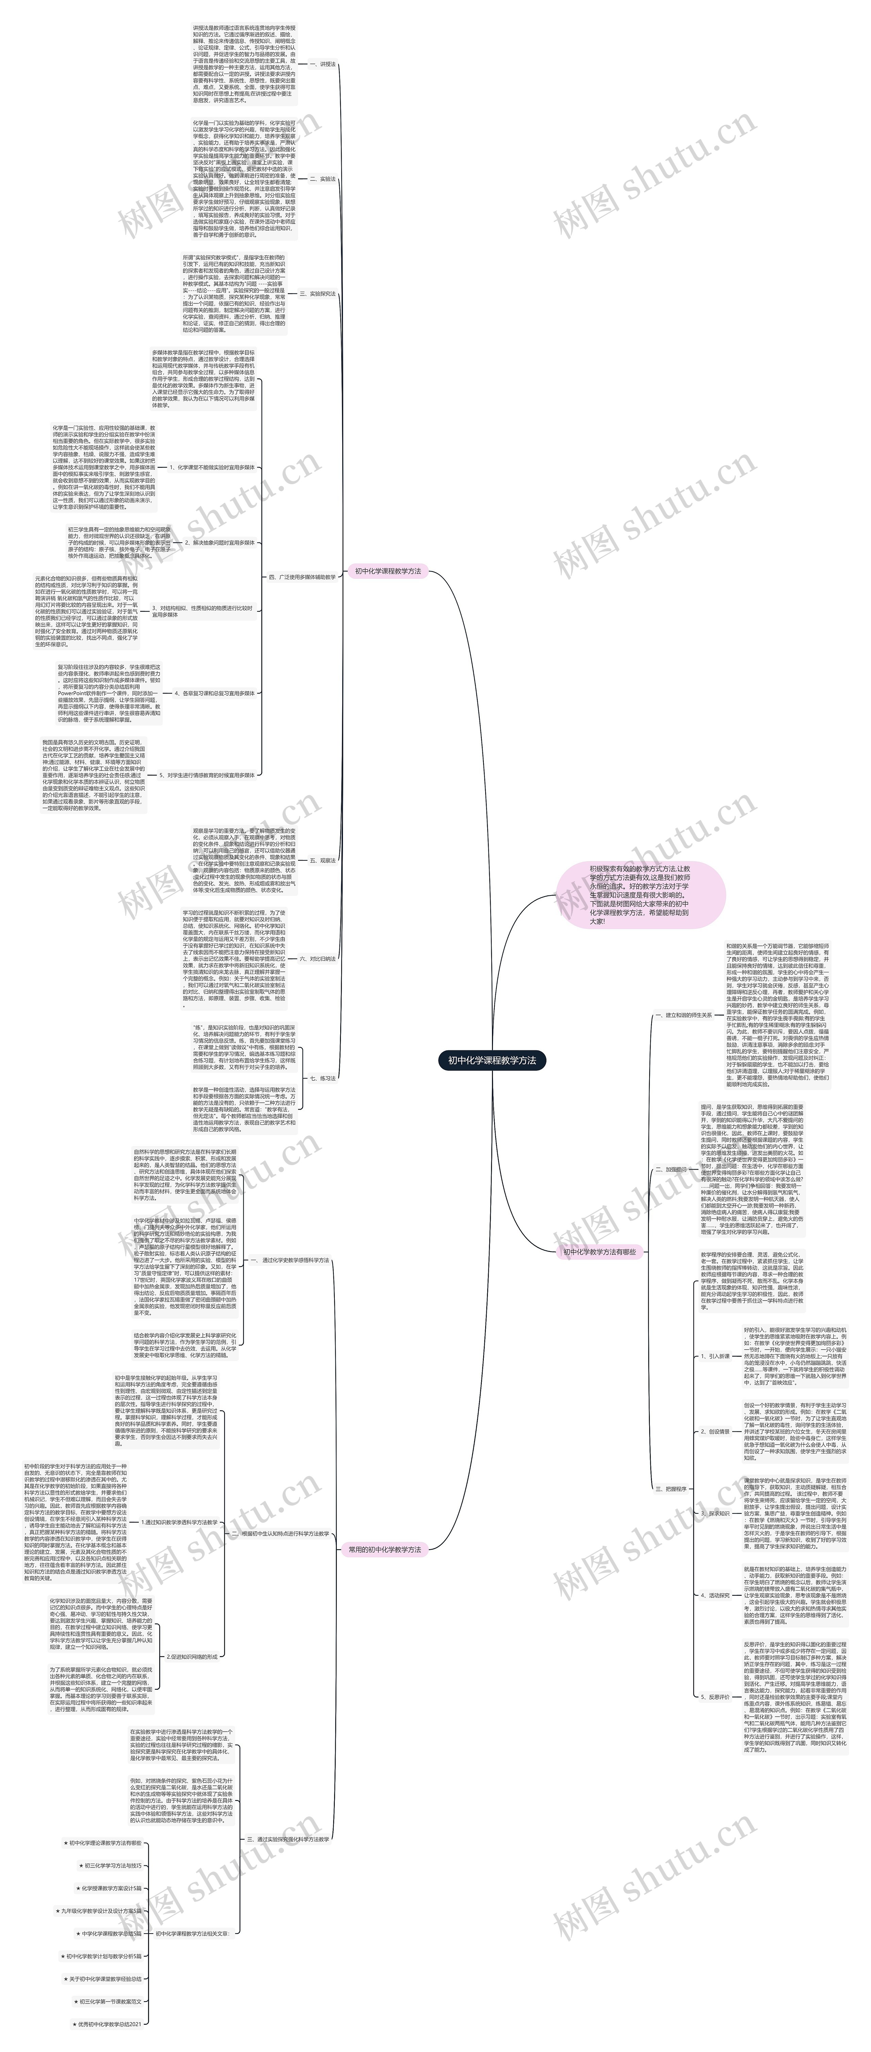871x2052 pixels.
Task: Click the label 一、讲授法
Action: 323,64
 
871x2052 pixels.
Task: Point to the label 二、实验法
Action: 323,179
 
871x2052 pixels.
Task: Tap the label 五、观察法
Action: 323,860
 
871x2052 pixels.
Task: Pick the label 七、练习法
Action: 323,1079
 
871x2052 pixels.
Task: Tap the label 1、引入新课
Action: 714,1356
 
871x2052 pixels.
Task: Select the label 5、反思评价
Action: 714,1697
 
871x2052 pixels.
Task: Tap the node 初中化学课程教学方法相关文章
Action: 192,1933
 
